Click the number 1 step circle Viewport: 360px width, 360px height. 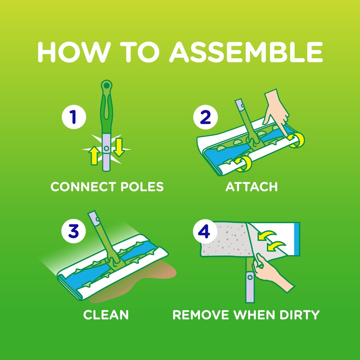coord(74,117)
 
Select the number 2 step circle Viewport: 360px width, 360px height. coord(205,117)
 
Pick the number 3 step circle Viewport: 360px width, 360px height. coord(74,232)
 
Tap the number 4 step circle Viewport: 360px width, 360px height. coord(205,232)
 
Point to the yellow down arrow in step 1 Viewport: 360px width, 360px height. coord(119,147)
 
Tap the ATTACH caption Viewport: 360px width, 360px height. coord(251,187)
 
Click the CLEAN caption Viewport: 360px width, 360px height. coord(106,315)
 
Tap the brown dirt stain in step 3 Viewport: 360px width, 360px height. coord(155,278)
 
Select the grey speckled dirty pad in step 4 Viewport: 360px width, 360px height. coord(225,239)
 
